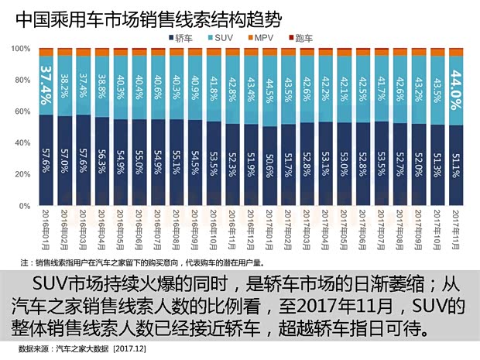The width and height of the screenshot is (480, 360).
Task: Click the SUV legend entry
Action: click(x=220, y=37)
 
